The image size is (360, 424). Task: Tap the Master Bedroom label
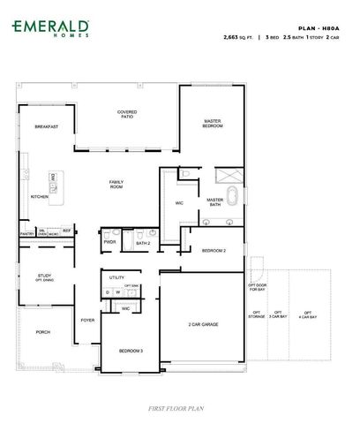(213, 123)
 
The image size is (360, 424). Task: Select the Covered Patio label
(127, 115)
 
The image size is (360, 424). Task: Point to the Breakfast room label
(47, 127)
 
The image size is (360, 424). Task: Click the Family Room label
(116, 184)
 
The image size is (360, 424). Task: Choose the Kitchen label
(39, 196)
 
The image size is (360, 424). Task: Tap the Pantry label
(26, 234)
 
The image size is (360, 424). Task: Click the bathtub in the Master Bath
(231, 195)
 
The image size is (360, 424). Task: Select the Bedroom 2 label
(214, 251)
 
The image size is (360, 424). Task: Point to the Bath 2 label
(143, 242)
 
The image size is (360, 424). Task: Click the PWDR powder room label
(110, 241)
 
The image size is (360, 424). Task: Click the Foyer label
(87, 320)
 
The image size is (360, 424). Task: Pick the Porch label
(42, 332)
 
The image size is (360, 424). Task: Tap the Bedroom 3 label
(131, 352)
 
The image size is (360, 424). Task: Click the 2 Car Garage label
(203, 324)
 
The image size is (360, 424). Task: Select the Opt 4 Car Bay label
(307, 314)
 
